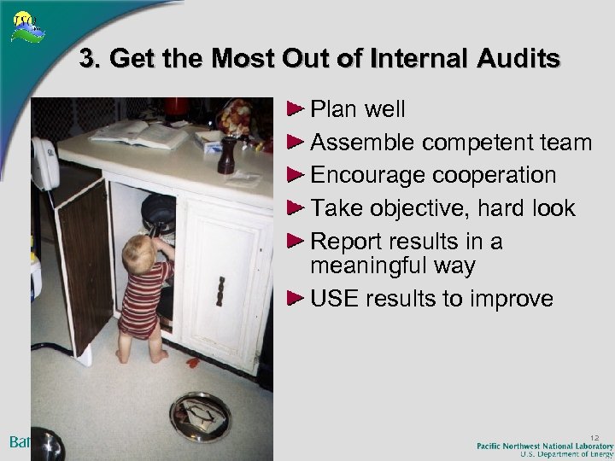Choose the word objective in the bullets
coord(425,208)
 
